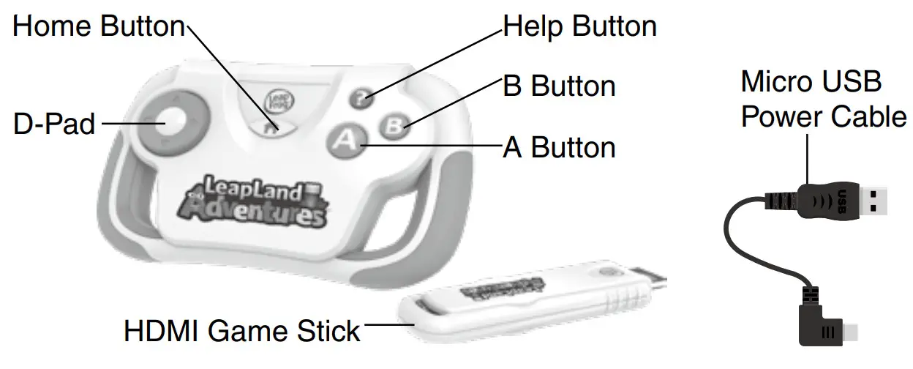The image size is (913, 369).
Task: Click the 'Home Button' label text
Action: coord(99,27)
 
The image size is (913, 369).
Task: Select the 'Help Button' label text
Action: coord(579,27)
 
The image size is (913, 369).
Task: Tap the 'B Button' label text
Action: coord(559,86)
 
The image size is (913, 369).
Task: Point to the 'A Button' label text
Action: coord(559,148)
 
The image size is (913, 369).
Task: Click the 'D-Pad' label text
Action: coord(54,124)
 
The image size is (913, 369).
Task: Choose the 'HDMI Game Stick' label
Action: coord(242,331)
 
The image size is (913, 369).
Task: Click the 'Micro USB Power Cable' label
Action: coord(824,100)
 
